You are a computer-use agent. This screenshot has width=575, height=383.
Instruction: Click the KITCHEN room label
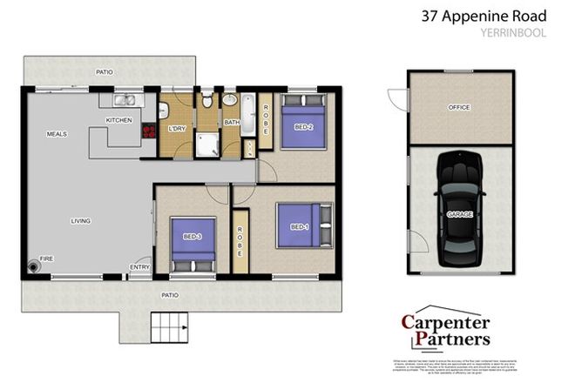coord(118,119)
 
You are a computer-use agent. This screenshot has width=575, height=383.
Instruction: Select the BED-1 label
coord(299,227)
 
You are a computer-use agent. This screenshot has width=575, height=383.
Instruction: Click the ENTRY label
coord(139,267)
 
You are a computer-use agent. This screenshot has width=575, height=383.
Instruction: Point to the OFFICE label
coord(458,108)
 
